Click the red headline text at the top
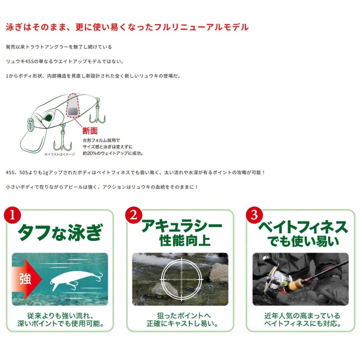click(127, 27)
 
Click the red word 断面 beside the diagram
click(90, 131)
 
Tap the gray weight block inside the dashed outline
click(73, 111)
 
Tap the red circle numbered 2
click(133, 216)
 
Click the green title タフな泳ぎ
click(60, 232)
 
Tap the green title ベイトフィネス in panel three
click(303, 227)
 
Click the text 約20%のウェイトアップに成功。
click(113, 153)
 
